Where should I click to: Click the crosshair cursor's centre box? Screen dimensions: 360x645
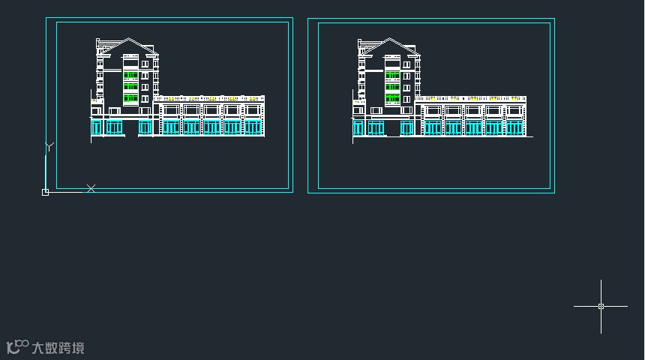(601, 306)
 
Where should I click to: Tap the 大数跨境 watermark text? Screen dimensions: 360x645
(58, 348)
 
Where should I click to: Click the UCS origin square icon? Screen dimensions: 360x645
(45, 193)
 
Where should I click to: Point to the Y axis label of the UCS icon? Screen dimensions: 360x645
(49, 146)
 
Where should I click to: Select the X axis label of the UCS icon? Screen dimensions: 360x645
(91, 188)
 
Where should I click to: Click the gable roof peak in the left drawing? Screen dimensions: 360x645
(130, 39)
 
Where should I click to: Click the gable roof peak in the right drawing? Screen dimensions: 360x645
(391, 39)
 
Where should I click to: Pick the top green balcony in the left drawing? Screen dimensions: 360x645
(130, 75)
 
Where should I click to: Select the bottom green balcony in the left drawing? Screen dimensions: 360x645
(130, 98)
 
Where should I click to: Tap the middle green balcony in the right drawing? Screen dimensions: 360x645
(392, 87)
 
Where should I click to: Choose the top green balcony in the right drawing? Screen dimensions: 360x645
(392, 75)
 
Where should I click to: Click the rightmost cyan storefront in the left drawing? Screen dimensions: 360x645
(253, 127)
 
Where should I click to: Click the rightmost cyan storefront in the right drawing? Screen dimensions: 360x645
(514, 127)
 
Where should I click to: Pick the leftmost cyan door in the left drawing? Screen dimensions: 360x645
(96, 127)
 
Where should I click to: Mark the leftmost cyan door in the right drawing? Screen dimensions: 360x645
(358, 127)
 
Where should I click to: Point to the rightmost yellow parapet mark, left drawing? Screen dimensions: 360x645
(251, 98)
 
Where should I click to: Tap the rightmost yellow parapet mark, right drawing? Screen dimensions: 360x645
(513, 98)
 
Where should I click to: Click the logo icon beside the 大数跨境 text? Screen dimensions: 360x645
(16, 347)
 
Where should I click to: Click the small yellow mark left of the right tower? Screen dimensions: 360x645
(355, 102)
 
